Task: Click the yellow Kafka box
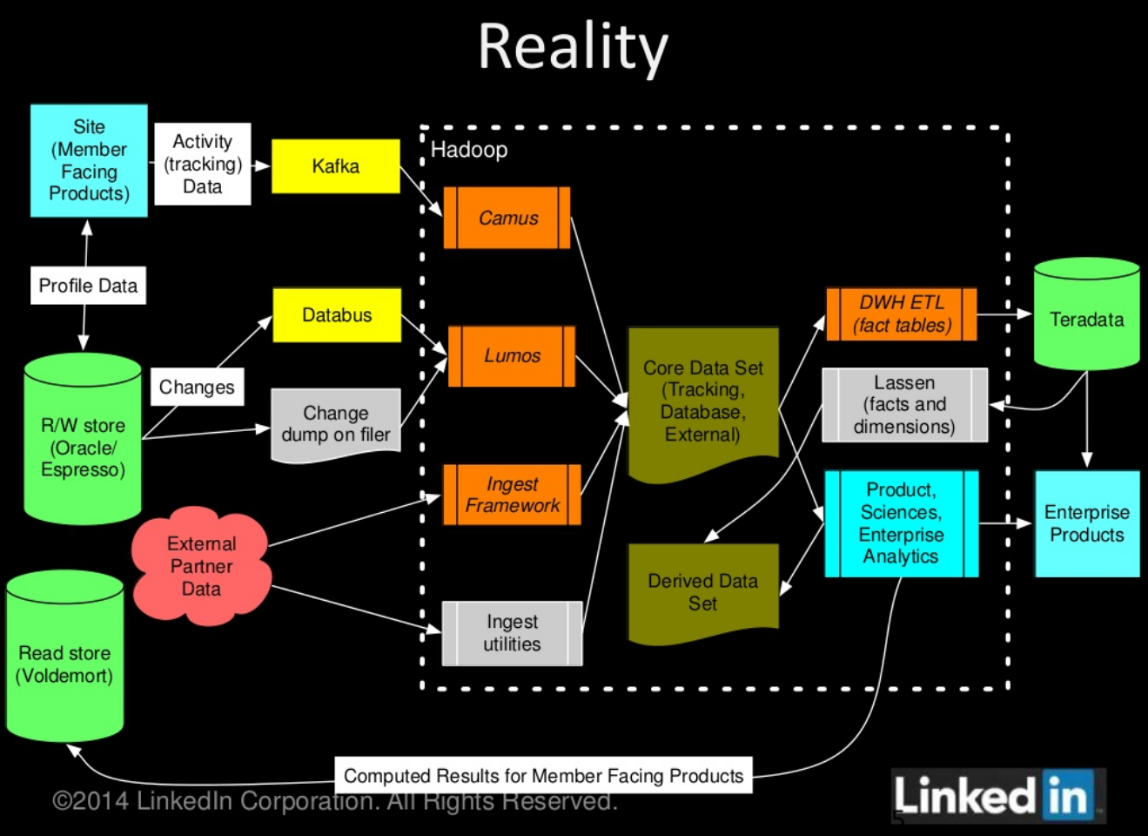(x=336, y=166)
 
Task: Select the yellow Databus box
(x=337, y=315)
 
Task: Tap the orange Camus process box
(x=507, y=218)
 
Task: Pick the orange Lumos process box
(x=512, y=356)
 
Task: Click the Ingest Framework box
(x=512, y=495)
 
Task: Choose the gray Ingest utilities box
(x=512, y=633)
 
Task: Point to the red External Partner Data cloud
(x=201, y=566)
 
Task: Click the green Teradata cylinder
(x=1086, y=313)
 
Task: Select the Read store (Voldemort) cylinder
(x=64, y=656)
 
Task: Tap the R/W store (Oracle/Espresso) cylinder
(x=83, y=439)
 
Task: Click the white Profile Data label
(x=88, y=285)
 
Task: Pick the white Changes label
(x=198, y=387)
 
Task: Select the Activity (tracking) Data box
(x=203, y=164)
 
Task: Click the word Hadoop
(x=469, y=150)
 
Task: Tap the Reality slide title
(x=573, y=47)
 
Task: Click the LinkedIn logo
(x=997, y=795)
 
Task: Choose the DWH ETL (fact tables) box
(x=902, y=313)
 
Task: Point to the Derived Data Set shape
(x=703, y=593)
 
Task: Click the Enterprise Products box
(x=1088, y=523)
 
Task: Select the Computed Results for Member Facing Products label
(x=544, y=776)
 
